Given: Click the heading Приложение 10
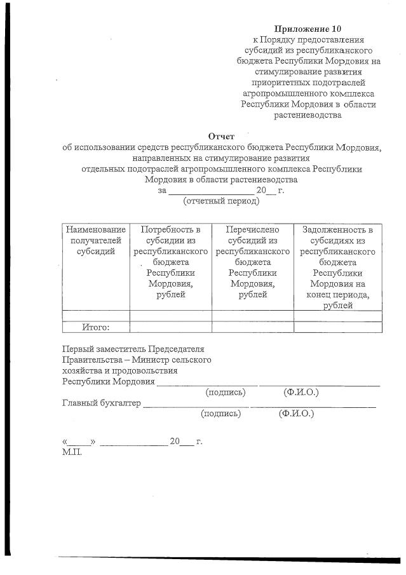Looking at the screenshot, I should tap(308, 29).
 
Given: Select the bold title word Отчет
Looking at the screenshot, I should tap(221, 135).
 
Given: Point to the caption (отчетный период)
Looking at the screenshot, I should tap(221, 201).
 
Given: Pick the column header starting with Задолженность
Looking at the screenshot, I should tap(338, 267).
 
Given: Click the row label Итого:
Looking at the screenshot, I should tap(96, 327).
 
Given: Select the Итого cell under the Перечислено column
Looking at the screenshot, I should tap(252, 327).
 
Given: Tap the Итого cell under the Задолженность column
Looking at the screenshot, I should tap(338, 327).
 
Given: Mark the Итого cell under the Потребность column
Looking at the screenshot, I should tap(170, 327).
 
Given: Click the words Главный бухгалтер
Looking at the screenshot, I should tap(102, 402).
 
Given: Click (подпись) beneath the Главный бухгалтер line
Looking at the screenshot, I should tap(220, 414).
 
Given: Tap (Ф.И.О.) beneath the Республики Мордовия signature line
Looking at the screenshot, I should tap(301, 392).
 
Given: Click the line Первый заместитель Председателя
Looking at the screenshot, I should tap(133, 349).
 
